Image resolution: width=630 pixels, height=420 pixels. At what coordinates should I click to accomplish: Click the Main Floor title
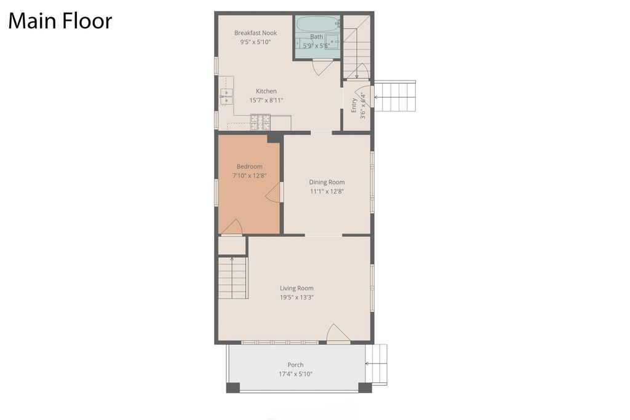(x=60, y=21)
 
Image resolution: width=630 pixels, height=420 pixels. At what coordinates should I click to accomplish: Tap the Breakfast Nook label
(x=255, y=33)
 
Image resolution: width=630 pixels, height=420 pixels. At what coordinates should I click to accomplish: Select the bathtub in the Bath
(x=317, y=25)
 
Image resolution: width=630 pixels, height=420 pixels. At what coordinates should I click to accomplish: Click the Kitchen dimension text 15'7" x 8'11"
(x=266, y=100)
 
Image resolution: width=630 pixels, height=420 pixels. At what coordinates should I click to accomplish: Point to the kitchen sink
(x=226, y=96)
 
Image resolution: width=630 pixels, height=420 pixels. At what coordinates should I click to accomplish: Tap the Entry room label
(x=354, y=105)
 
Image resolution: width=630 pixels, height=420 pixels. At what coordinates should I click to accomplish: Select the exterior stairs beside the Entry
(x=395, y=97)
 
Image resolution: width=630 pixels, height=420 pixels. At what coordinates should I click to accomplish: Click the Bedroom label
(x=249, y=167)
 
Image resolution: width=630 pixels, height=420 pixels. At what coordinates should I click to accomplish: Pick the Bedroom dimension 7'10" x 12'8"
(x=249, y=176)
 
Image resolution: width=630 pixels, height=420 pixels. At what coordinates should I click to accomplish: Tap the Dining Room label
(x=327, y=182)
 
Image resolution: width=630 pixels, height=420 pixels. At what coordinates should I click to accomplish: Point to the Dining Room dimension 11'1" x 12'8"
(x=327, y=191)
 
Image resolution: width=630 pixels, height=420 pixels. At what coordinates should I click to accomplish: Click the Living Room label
(x=297, y=288)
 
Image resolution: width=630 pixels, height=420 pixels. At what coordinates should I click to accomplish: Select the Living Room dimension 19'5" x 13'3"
(x=297, y=298)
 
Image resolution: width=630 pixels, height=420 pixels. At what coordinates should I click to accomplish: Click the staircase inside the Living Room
(x=233, y=277)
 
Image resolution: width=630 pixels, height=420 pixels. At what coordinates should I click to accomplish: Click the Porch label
(x=295, y=365)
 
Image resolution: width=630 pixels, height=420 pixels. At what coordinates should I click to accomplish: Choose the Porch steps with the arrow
(x=377, y=364)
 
